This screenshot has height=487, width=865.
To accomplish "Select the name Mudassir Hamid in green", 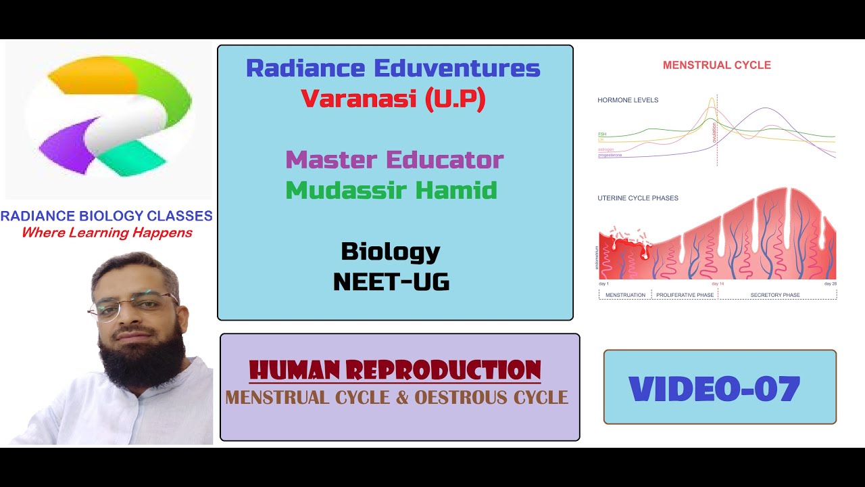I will (x=391, y=190).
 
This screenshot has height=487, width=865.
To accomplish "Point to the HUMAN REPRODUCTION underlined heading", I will (x=395, y=370).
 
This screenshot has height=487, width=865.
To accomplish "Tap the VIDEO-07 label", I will (x=714, y=389).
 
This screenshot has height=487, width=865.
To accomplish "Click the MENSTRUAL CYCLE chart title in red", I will (x=716, y=66).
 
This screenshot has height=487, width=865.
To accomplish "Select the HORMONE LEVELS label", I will (x=628, y=100).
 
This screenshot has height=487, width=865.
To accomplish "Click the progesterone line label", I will (x=610, y=156).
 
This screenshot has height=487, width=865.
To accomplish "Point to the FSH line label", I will (x=601, y=135).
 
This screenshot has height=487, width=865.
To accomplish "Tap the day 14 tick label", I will (x=718, y=283).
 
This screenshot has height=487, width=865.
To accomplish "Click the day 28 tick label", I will (x=830, y=283).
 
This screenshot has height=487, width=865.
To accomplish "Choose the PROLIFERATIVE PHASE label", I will (x=685, y=295).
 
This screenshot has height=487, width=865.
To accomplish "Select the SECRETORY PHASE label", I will (x=775, y=295).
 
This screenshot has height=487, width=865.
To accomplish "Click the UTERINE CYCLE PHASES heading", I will (x=637, y=198).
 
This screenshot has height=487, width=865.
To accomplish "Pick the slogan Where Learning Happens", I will (x=107, y=233).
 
